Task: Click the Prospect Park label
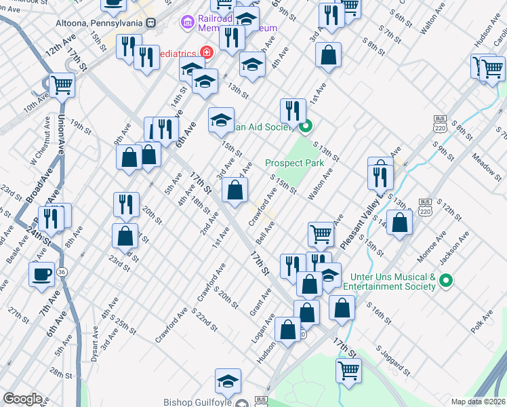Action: [x=294, y=163]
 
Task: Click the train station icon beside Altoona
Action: [x=151, y=22]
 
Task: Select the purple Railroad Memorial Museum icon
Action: [x=188, y=23]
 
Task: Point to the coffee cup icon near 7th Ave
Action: [x=41, y=275]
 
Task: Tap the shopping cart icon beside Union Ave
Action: [x=61, y=86]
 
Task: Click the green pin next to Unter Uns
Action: [x=446, y=280]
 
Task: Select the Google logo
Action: [x=22, y=399]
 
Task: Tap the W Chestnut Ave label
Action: [x=40, y=143]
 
